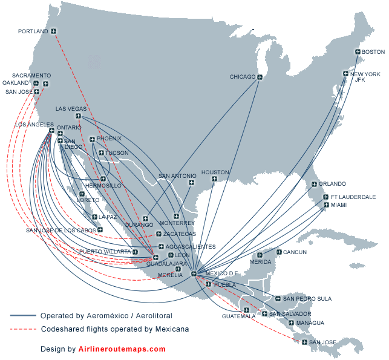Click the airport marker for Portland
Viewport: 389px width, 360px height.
54,31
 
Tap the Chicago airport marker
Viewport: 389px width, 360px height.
260,77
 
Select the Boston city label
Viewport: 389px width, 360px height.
373,52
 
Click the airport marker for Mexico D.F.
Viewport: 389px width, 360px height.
194,274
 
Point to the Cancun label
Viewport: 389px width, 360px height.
295,252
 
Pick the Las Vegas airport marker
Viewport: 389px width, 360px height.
79,116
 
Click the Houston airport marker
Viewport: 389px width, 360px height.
214,178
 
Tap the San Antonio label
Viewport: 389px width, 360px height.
177,176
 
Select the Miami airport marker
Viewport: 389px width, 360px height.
326,206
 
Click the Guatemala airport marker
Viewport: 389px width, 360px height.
246,310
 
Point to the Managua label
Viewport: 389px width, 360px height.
310,323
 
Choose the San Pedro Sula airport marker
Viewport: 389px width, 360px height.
278,298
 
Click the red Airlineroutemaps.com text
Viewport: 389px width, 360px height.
122,349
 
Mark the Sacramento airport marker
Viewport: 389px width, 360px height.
46,83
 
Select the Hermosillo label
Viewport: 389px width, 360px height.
103,185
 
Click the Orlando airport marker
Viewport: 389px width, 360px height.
314,184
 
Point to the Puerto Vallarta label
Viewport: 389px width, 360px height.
105,251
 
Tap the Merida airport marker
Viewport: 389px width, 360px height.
260,255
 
